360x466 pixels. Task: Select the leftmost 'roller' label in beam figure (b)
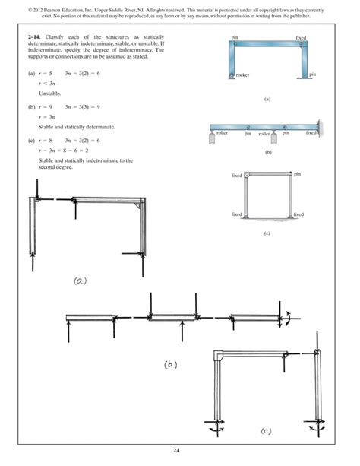click(223, 132)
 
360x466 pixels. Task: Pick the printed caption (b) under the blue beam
click(267, 153)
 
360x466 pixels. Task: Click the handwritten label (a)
click(80, 280)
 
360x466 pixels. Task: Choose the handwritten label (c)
click(266, 431)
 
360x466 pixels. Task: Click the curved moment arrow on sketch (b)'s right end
click(287, 319)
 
